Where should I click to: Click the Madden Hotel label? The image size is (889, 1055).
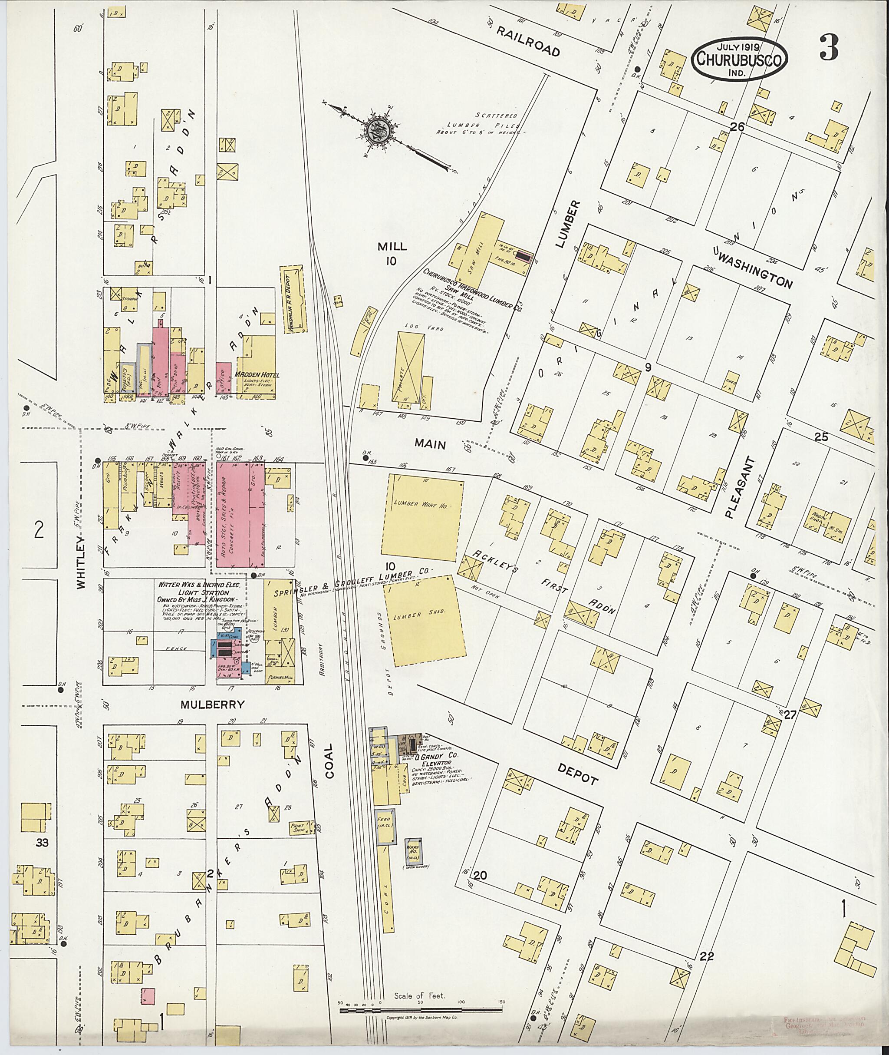tap(257, 375)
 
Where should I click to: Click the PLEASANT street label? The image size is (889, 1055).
tap(735, 486)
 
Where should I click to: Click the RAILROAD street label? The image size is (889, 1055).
tap(529, 41)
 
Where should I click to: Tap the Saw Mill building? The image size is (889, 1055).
tap(484, 252)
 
